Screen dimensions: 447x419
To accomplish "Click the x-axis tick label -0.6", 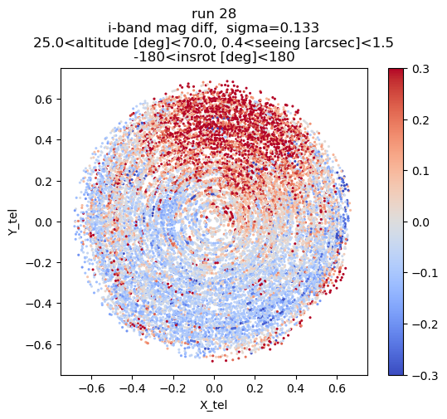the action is (x=91, y=388).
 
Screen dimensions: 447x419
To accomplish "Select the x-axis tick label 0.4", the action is (x=296, y=388).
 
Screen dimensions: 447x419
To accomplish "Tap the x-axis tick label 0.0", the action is (x=214, y=388).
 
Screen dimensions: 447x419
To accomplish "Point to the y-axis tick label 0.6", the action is (x=44, y=100).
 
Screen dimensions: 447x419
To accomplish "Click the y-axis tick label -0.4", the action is (x=39, y=304).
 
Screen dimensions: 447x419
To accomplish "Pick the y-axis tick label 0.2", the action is (x=44, y=182).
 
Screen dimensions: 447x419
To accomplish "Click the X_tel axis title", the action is (x=213, y=405).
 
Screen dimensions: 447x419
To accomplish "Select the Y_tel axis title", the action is (x=12, y=222).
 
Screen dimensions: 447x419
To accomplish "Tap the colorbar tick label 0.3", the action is (x=420, y=70).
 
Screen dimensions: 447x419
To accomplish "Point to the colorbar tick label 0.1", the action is (x=420, y=171).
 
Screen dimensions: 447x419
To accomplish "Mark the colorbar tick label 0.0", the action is (x=420, y=222).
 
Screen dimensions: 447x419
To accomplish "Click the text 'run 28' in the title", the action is (x=214, y=14).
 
